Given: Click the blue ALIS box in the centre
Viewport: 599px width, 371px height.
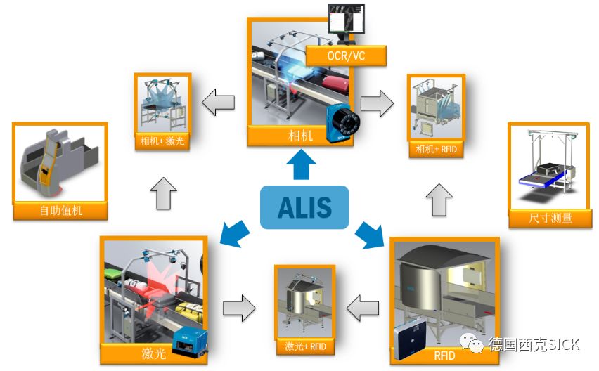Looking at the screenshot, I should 304,207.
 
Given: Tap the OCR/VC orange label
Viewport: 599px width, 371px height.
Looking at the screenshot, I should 346,55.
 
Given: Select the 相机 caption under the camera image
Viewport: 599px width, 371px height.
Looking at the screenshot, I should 300,136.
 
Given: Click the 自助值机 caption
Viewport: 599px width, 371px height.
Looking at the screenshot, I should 60,210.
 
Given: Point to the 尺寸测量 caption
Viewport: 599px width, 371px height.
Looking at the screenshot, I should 550,218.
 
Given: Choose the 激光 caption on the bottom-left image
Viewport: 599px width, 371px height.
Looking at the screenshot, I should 154,353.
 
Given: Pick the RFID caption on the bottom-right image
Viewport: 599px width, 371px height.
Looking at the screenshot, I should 444,356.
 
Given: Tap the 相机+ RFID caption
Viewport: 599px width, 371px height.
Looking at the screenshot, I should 435,149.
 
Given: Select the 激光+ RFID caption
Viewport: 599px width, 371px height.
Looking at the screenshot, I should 305,346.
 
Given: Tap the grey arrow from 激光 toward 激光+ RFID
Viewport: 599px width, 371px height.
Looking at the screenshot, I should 239,306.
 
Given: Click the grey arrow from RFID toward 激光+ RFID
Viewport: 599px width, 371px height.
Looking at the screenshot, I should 363,306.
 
